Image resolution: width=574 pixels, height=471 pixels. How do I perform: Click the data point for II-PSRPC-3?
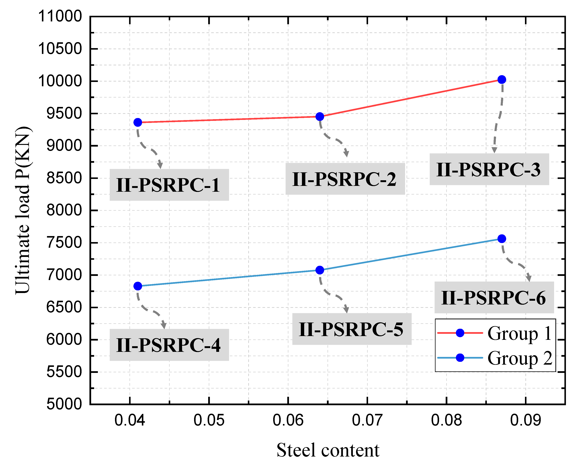(x=502, y=80)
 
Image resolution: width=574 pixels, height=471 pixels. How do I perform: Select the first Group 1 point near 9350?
(x=138, y=122)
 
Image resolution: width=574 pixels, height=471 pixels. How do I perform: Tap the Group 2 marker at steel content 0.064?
(x=320, y=270)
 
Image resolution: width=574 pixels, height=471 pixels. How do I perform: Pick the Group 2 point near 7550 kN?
(x=502, y=239)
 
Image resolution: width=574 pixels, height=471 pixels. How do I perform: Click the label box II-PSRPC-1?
(x=169, y=185)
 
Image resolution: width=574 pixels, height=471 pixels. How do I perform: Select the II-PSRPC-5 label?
(x=352, y=329)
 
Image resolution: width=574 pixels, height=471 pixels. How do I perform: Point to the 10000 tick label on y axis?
(x=60, y=81)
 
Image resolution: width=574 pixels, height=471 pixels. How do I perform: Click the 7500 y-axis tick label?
(x=64, y=243)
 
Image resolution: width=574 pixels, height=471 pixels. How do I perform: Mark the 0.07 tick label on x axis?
(x=367, y=420)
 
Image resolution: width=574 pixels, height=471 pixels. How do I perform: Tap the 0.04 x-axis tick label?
(x=130, y=420)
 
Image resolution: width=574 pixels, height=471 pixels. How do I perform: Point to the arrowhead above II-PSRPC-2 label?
(x=346, y=154)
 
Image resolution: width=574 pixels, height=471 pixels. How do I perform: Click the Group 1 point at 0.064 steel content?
(x=320, y=117)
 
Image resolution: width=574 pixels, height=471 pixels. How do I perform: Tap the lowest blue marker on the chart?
(x=138, y=286)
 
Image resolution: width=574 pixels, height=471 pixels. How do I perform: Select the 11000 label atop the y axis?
(x=60, y=16)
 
